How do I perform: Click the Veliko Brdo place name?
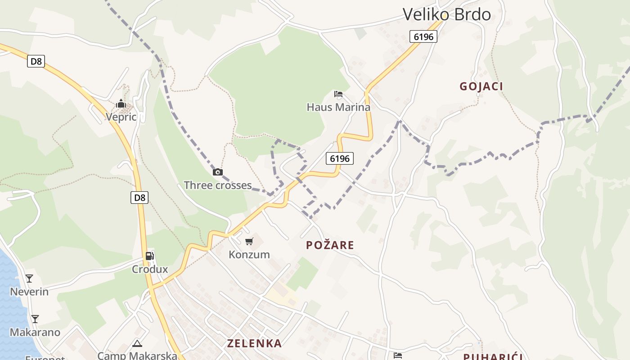(446, 14)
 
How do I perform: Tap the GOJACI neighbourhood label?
(481, 86)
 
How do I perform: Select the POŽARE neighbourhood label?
(330, 245)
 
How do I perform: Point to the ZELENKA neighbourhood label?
(254, 343)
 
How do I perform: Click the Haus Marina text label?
(338, 107)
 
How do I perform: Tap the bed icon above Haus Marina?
(338, 94)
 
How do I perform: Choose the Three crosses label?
(217, 185)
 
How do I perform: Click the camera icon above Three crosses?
(218, 172)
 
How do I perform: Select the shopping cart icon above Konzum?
(249, 242)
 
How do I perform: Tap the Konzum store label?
(249, 255)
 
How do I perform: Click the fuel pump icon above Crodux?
(149, 256)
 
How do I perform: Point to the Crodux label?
(149, 269)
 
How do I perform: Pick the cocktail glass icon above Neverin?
(29, 279)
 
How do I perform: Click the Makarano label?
(35, 333)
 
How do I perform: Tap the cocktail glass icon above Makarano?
(35, 319)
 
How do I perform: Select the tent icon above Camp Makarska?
(137, 344)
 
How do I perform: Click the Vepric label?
(121, 117)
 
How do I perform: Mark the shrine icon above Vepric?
(121, 104)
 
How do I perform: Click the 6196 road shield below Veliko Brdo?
(423, 37)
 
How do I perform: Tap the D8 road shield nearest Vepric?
(36, 61)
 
